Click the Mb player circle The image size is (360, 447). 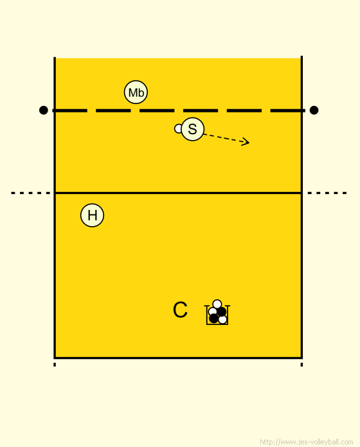point(136,92)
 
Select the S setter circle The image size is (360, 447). point(193,129)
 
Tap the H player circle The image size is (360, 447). point(92,215)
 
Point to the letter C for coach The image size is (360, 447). point(180,310)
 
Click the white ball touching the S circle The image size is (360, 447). point(178,128)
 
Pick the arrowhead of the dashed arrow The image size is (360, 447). point(246,142)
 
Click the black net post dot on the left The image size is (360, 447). point(43,110)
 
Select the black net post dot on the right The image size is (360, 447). point(314,110)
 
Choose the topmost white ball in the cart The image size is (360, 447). point(217,304)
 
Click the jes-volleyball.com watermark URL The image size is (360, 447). point(307,442)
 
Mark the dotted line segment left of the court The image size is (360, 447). point(30,193)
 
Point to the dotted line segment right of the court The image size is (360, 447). point(327,193)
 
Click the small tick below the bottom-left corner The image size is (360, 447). point(55,365)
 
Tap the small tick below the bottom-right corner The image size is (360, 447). point(301,365)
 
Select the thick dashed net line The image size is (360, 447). point(179,110)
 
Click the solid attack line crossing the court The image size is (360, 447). point(178,193)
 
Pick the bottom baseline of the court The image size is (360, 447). point(178,358)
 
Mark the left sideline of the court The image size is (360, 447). point(55,207)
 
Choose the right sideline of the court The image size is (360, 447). point(301,207)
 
